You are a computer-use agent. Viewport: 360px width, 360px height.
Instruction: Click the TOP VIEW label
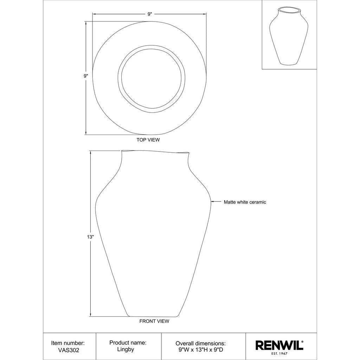click(x=148, y=140)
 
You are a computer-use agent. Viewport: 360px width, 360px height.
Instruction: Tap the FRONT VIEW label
click(x=154, y=321)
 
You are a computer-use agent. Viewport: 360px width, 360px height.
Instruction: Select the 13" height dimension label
click(x=90, y=237)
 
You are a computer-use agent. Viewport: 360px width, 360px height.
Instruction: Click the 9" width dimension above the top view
click(x=150, y=14)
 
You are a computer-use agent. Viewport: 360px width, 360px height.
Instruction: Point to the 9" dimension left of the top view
click(x=86, y=76)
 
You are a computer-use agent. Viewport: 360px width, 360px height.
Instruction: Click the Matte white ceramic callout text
click(x=245, y=202)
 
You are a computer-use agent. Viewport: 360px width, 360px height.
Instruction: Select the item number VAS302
click(x=69, y=350)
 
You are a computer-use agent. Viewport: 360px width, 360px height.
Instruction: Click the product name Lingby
click(x=126, y=349)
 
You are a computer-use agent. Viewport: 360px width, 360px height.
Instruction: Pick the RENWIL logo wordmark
click(x=279, y=345)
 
